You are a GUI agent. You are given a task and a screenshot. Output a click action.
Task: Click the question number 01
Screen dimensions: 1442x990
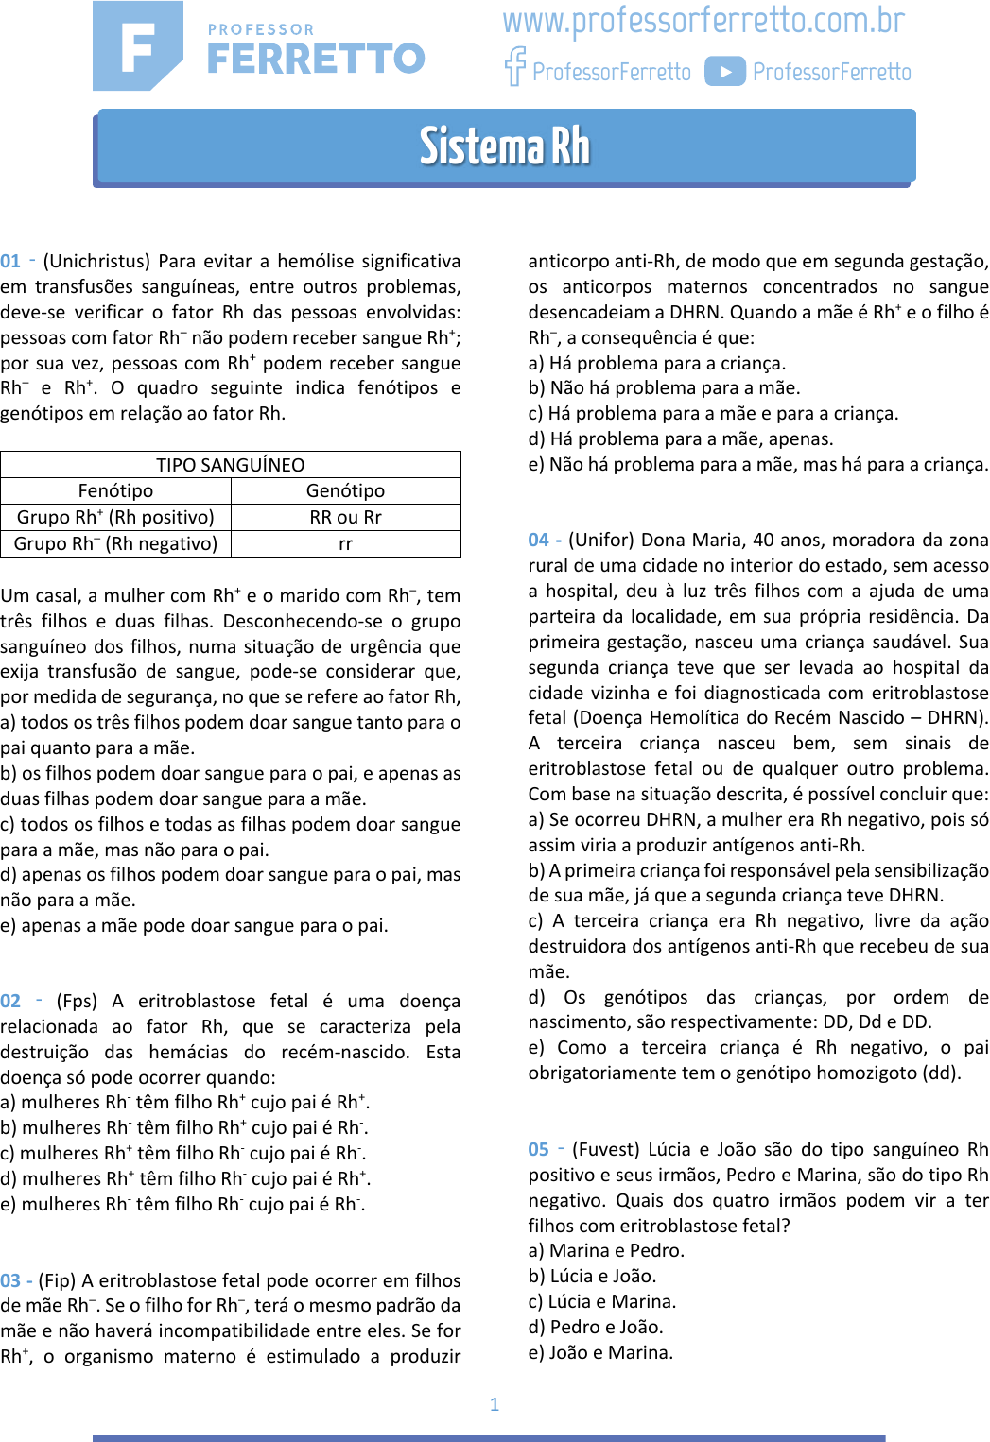pos(10,262)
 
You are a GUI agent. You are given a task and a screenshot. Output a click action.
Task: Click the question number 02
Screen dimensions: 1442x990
pos(10,1002)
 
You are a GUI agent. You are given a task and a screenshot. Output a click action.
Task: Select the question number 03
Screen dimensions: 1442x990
pos(10,1281)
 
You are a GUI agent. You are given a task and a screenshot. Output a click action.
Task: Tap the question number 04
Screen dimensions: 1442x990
pos(538,541)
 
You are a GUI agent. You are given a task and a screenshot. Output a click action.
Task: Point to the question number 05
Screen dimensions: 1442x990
pos(538,1150)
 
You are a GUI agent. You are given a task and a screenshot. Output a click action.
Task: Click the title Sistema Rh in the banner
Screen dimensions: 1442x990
pos(505,146)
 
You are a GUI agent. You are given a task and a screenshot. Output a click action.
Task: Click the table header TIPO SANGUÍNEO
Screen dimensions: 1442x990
pos(231,465)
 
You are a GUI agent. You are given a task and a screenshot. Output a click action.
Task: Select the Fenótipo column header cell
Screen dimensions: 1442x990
pos(115,490)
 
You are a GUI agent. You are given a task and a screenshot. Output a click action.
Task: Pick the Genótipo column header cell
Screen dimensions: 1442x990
pos(345,490)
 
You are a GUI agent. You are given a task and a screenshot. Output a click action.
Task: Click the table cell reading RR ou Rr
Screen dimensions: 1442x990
pos(345,517)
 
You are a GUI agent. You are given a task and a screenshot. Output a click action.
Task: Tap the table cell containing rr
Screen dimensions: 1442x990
pos(345,543)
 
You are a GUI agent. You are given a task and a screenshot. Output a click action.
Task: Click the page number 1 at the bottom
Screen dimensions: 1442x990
pos(495,1404)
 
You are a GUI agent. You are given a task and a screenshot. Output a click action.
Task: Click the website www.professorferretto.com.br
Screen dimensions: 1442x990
pos(703,21)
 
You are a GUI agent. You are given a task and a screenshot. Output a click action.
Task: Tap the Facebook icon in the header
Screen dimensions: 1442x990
pos(515,67)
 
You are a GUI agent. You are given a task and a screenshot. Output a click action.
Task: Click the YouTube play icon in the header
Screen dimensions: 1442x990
pos(725,72)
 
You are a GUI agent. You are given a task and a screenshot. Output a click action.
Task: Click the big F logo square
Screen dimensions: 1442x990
pos(137,45)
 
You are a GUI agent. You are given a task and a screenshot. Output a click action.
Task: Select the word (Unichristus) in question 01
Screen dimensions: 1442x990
pos(96,262)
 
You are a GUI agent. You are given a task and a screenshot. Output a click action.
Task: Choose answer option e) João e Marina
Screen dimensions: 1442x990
pos(600,1353)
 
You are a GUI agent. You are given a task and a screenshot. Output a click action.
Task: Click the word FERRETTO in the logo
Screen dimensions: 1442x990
pos(316,59)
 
